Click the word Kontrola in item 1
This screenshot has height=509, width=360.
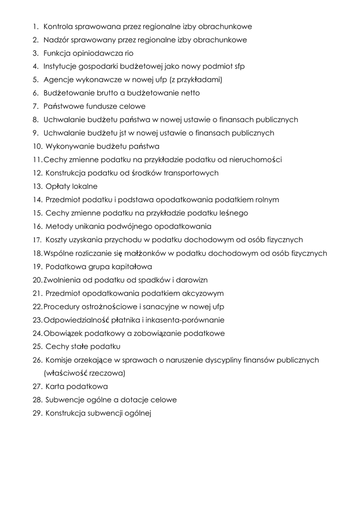(58, 26)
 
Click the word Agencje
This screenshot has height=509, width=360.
(57, 80)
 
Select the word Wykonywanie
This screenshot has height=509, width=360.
(69, 147)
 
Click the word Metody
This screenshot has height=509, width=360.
(58, 227)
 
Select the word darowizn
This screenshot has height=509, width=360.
(192, 280)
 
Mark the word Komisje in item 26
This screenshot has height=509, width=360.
(60, 360)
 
